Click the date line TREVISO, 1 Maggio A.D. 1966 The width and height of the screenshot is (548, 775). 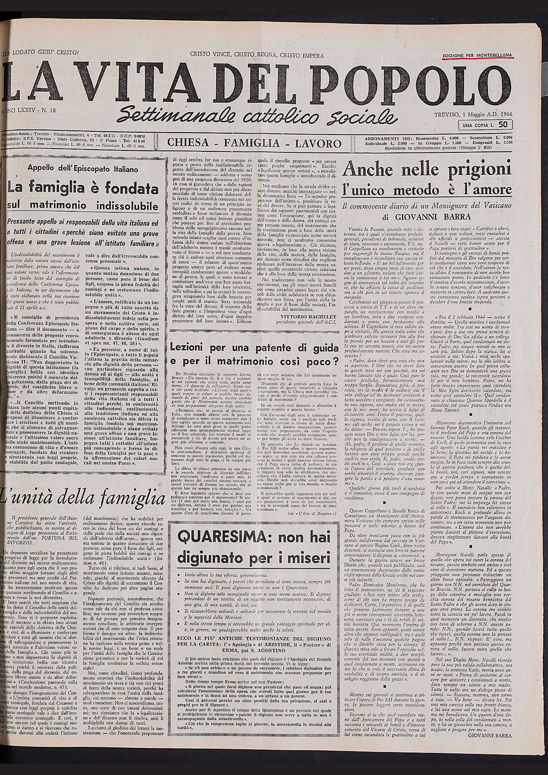tap(472, 114)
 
